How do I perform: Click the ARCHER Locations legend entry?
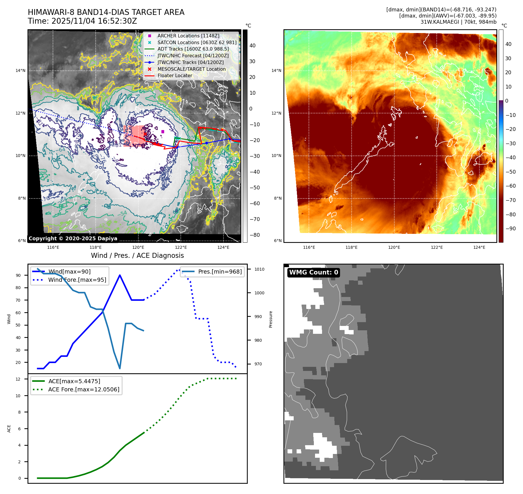coord(188,36)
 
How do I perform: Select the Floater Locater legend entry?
coord(175,75)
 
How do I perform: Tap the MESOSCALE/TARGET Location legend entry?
coord(191,69)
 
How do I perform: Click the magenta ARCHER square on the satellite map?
coord(163,132)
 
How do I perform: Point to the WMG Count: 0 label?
coord(313,272)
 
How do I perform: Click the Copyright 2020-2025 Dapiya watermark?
coord(73,239)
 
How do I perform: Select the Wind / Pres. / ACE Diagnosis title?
coord(137,255)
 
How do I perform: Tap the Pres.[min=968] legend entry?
coord(220,272)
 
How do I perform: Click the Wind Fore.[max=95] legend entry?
coord(77,280)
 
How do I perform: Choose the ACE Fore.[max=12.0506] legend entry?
coord(83,389)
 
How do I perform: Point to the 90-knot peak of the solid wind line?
coord(120,275)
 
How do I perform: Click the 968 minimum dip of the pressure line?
coord(120,368)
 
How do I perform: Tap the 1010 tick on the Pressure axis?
coord(259,269)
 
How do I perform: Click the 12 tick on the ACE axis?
coord(18,379)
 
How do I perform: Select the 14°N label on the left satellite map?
coord(20,70)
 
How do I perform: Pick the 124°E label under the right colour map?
coord(479,247)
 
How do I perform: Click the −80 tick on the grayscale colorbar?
coord(254,235)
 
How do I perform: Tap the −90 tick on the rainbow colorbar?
coord(510,229)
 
